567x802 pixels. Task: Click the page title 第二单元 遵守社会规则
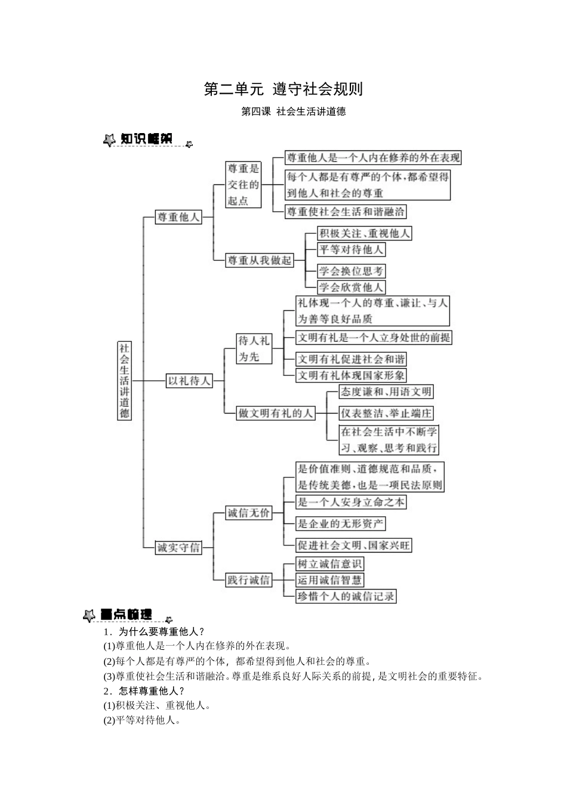tap(283, 90)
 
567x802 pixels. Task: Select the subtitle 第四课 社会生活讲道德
tap(293, 112)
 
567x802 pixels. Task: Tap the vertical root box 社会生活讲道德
tap(124, 381)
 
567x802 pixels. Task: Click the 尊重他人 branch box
tap(177, 217)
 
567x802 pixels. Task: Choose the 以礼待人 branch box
tap(189, 380)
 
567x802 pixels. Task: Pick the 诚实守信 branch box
tap(178, 547)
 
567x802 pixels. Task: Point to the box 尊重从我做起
tap(260, 260)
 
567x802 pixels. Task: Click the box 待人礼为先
tap(254, 348)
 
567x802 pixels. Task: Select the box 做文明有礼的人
tap(275, 413)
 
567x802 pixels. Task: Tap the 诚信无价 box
tap(248, 513)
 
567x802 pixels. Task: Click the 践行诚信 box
tap(248, 579)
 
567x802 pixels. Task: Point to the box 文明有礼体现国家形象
tap(351, 375)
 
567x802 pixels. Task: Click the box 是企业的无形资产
tap(341, 524)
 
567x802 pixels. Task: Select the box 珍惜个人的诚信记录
tap(346, 596)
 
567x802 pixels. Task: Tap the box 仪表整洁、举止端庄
tap(386, 413)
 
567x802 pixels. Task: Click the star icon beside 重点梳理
tap(89, 615)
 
